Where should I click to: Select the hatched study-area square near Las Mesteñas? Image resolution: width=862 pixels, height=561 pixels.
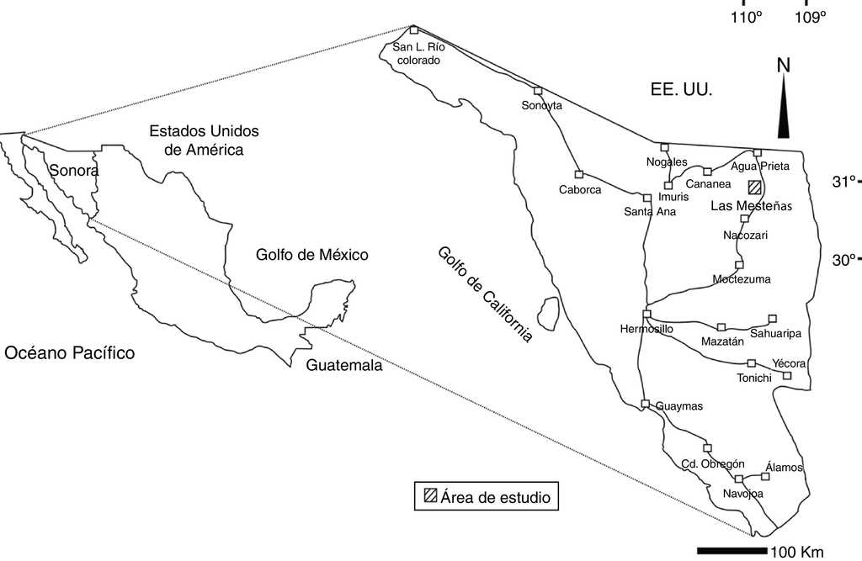(755, 187)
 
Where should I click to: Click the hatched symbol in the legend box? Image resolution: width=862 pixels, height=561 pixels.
(430, 495)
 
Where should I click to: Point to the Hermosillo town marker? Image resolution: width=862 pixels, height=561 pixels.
(646, 314)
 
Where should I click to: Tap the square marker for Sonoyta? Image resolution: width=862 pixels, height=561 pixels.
(538, 91)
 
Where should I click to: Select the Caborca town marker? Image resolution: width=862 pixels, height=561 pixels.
(579, 174)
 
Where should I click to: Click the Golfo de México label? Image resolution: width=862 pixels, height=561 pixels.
(312, 254)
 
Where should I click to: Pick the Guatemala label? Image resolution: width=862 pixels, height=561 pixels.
(343, 366)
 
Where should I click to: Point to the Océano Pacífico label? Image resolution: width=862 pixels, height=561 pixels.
(70, 352)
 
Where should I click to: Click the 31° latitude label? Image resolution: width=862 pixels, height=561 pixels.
(843, 181)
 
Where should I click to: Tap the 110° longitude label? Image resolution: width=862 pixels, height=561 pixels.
(746, 17)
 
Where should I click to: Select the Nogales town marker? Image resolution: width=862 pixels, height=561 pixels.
(664, 147)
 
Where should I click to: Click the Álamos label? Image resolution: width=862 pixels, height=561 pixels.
(785, 467)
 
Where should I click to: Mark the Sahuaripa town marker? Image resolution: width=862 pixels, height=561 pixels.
(772, 319)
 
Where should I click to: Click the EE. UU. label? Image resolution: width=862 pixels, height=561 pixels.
(681, 88)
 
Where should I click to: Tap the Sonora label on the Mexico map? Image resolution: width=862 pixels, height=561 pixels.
(74, 171)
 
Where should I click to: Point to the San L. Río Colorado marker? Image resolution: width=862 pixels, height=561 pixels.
(413, 30)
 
